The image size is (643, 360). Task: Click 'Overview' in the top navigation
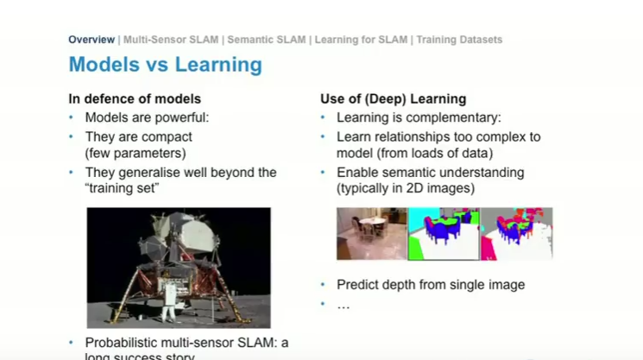point(91,40)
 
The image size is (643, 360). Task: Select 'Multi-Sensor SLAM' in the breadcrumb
point(171,40)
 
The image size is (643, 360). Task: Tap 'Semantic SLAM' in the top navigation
point(267,40)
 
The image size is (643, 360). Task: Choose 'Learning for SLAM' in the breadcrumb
point(362,40)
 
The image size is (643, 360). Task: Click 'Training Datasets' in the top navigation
point(460,40)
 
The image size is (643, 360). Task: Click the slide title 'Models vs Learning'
point(165,65)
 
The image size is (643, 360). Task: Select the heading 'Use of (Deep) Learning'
point(393,98)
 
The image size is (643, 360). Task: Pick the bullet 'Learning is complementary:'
point(419,117)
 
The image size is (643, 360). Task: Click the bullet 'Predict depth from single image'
point(430,284)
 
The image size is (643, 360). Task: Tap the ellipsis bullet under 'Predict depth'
point(343,304)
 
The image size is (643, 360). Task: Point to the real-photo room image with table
point(371,233)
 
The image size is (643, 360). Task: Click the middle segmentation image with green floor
point(443,233)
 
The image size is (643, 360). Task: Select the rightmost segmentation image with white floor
point(516,233)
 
